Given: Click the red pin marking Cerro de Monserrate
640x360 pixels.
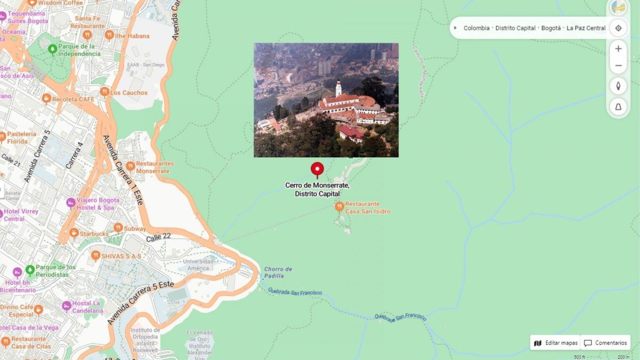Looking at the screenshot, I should tap(317, 170).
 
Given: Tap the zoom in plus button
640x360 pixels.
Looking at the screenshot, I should tap(618, 49).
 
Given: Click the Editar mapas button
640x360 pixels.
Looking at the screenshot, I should tap(556, 343).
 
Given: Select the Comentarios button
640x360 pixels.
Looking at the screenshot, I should tap(605, 343).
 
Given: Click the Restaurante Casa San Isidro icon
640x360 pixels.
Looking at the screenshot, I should tap(339, 206).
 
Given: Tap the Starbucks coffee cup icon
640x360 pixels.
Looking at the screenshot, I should tap(74, 233).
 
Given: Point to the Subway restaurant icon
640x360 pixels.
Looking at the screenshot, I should tap(118, 228).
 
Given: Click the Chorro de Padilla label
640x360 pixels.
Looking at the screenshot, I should tap(278, 273).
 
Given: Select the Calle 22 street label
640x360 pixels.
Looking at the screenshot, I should tap(158, 237).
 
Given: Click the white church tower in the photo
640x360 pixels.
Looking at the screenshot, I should tap(338, 88).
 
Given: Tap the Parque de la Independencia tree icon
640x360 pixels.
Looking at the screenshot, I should tap(52, 49).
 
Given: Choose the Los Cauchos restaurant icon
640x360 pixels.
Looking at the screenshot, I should tap(105, 92).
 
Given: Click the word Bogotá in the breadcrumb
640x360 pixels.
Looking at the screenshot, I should tap(551, 28).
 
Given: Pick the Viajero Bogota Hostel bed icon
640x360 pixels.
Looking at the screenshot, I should tap(70, 203).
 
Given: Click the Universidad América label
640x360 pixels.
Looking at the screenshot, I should tap(198, 265).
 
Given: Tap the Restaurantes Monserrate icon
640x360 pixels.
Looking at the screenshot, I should tap(130, 166).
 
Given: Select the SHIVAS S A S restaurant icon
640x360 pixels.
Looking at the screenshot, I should tap(95, 255).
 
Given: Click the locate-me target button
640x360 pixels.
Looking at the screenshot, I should tap(618, 28).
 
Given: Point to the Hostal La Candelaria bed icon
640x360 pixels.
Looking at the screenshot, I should tap(66, 306).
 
